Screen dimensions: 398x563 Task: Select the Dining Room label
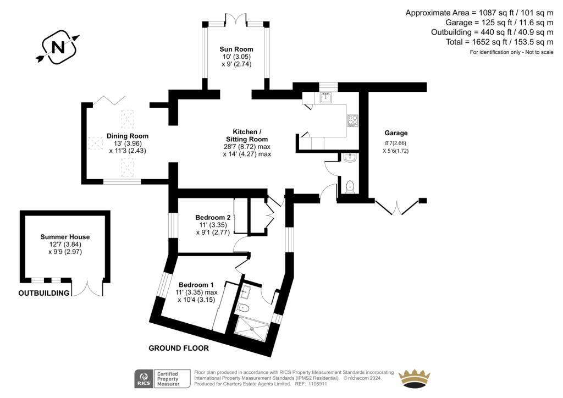pos(128,136)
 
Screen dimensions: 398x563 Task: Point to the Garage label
pos(396,133)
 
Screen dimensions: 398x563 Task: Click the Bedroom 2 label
pos(213,217)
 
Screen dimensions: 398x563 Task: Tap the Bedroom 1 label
pos(196,285)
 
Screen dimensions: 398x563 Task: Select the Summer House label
pos(65,237)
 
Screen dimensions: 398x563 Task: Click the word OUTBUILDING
pos(44,293)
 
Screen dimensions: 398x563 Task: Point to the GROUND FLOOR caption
pos(179,348)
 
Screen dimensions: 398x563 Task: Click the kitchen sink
pos(326,98)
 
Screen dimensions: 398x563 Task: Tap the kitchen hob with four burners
pos(352,120)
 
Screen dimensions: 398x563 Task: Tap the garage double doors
pos(396,207)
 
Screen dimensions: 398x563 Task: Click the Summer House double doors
pos(87,288)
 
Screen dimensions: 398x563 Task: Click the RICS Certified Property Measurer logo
pos(162,378)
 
